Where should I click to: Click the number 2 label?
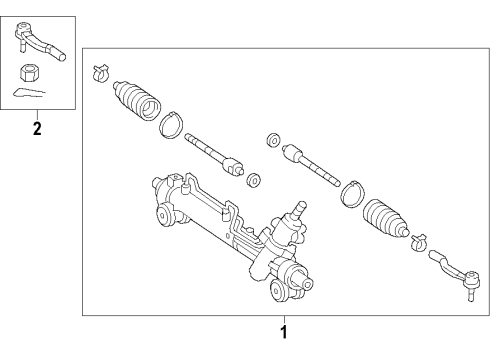pyautogui.click(x=36, y=128)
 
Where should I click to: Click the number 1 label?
pyautogui.click(x=283, y=331)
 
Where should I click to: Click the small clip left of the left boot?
pyautogui.click(x=99, y=74)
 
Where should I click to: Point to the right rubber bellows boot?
pyautogui.click(x=384, y=219)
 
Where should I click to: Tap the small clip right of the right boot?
pyautogui.click(x=419, y=240)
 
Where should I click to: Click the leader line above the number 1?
pyautogui.click(x=283, y=319)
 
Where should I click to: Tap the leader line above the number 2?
pyautogui.click(x=36, y=114)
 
